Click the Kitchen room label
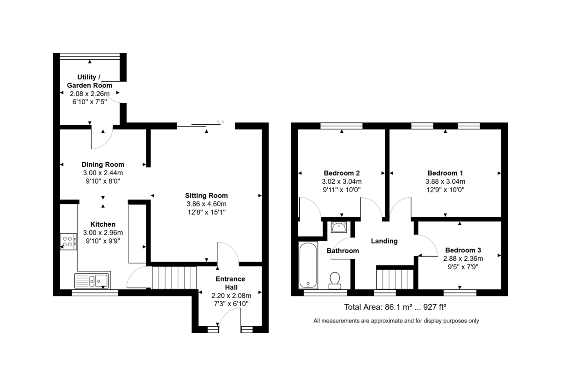point(103,224)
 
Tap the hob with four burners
point(68,242)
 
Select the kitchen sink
point(93,280)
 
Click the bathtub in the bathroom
point(308,265)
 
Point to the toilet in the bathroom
point(335,280)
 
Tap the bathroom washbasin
point(339,227)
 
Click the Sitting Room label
point(206,195)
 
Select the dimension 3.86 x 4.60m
point(206,204)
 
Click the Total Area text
point(395,307)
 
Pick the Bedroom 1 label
point(445,173)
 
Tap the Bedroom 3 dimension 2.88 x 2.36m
point(463,258)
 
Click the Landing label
point(384,241)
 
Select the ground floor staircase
point(174,278)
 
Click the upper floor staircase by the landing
point(395,279)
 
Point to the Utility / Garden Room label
point(89,81)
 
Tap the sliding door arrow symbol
point(220,122)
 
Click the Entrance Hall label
point(230,283)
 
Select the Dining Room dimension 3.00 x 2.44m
point(103,173)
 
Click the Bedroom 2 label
point(342,173)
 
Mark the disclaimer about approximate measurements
point(396,321)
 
